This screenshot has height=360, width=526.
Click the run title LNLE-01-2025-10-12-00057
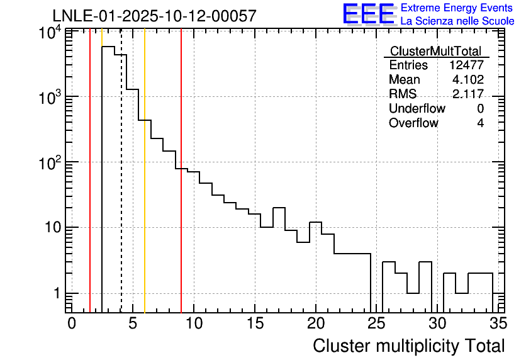(154, 16)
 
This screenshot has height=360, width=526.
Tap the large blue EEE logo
(368, 14)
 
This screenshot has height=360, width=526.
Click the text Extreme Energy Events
(457, 8)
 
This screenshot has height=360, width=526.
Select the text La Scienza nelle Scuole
(457, 21)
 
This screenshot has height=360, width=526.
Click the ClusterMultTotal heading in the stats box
(435, 51)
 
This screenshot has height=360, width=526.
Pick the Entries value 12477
(466, 65)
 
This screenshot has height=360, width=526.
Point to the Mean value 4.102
(468, 80)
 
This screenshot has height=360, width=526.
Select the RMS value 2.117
(468, 94)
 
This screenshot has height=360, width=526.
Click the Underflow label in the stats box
(417, 109)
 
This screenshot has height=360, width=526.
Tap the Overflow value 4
(480, 123)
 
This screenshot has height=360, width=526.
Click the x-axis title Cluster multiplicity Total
(408, 346)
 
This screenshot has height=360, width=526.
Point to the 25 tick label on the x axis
(376, 323)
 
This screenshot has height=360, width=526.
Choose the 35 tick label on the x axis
(498, 323)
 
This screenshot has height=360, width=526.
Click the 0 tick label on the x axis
(72, 323)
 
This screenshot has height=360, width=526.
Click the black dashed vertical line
(121, 189)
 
